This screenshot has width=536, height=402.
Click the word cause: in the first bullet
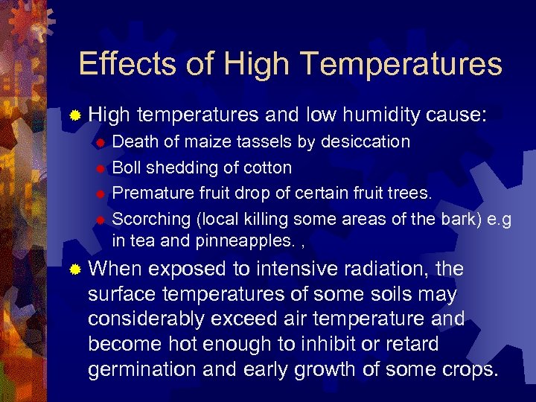pyautogui.click(x=457, y=115)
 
